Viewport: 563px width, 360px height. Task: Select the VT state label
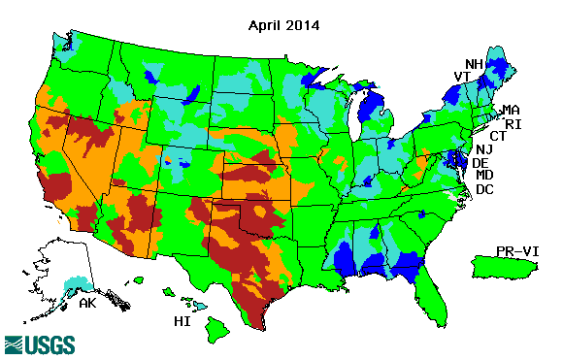pyautogui.click(x=463, y=77)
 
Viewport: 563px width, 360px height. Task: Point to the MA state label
pyautogui.click(x=511, y=109)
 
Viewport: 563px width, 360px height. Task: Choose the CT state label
pyautogui.click(x=498, y=136)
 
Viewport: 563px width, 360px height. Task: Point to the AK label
pyautogui.click(x=87, y=303)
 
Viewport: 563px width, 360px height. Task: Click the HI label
pyautogui.click(x=181, y=319)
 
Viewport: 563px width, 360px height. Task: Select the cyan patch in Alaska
pyautogui.click(x=73, y=284)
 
